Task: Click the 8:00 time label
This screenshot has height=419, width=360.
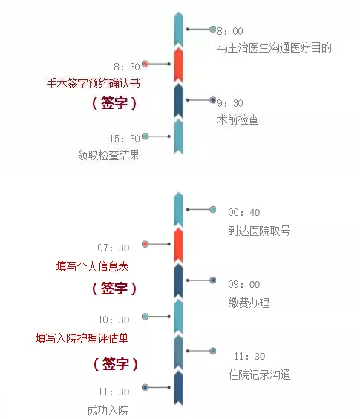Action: (230, 31)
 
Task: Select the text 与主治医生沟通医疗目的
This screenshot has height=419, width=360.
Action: (274, 47)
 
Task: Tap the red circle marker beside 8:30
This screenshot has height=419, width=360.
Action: (145, 64)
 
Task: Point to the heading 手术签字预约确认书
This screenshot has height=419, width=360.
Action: (94, 83)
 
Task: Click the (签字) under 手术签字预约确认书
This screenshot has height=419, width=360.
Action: (114, 102)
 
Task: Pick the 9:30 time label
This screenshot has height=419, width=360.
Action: (230, 103)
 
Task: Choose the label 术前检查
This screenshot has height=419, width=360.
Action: (238, 119)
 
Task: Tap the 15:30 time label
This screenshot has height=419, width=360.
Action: (125, 139)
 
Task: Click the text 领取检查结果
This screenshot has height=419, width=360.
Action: (109, 155)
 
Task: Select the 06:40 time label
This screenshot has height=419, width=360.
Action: (244, 212)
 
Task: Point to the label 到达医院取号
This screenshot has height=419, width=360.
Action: (259, 231)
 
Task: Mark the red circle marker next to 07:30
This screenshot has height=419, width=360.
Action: (145, 244)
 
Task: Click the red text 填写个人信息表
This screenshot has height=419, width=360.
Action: (93, 266)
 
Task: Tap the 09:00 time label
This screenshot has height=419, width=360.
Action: (244, 284)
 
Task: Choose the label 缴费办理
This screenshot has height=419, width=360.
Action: (249, 303)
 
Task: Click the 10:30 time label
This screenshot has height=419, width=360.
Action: (114, 320)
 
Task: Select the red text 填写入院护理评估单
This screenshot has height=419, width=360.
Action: (82, 338)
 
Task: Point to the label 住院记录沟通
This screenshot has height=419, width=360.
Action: (259, 375)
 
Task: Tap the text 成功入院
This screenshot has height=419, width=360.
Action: (108, 410)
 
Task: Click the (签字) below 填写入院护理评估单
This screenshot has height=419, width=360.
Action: (116, 363)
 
